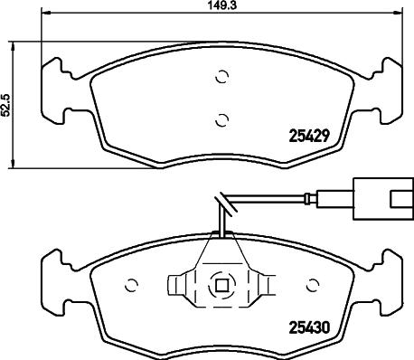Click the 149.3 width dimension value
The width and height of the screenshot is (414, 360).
[221, 5]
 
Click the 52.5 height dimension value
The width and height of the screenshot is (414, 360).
[5, 106]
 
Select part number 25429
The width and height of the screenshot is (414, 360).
[308, 137]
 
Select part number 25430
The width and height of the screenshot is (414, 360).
[309, 327]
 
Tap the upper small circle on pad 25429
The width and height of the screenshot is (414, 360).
[222, 77]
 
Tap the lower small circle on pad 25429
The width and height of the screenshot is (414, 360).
[222, 120]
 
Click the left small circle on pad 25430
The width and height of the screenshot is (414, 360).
[131, 285]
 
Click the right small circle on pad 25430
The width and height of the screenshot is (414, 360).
[313, 284]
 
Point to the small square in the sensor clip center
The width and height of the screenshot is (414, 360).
[221, 286]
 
